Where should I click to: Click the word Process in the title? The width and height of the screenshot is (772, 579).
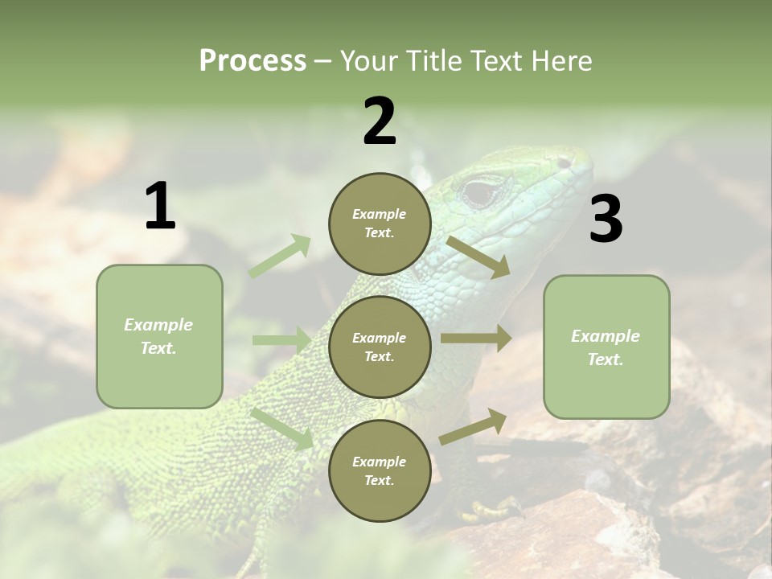point(253,61)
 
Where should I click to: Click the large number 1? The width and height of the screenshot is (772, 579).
point(160,207)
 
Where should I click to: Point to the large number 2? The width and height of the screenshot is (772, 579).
point(380,121)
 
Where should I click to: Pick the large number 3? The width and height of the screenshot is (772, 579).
point(606,220)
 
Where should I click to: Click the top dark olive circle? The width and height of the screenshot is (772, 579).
point(380,224)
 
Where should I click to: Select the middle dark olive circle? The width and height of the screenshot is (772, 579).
point(380,347)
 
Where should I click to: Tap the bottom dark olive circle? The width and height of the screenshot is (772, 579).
point(380,471)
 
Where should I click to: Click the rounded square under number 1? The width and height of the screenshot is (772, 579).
point(159,336)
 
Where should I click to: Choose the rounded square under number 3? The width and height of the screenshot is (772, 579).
point(606,347)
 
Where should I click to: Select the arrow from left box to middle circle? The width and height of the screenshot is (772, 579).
point(281,340)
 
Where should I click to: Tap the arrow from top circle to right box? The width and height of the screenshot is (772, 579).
point(478,257)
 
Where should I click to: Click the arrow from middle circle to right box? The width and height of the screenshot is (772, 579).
point(476,338)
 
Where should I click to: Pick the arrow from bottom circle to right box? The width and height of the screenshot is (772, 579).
point(474,426)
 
